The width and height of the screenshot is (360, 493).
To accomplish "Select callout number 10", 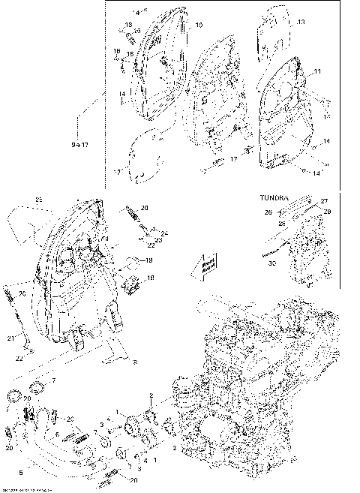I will click(199, 26).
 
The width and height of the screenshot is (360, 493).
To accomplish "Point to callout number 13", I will click(301, 23).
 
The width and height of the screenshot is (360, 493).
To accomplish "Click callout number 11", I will click(317, 71).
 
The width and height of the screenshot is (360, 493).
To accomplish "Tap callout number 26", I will click(267, 212).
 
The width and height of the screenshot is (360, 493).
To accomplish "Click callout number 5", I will click(20, 474).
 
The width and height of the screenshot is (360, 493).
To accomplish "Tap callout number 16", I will click(117, 52).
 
